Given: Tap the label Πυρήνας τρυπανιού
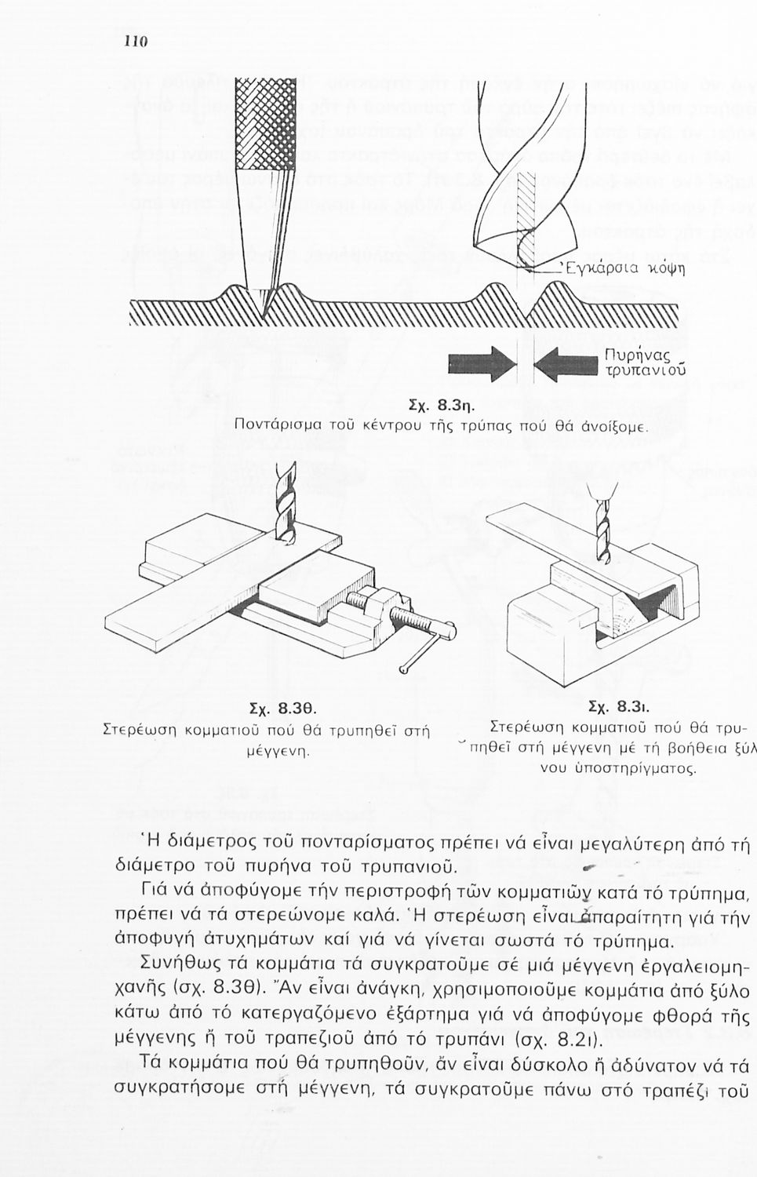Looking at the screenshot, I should (645, 363).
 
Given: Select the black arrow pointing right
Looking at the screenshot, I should (481, 365).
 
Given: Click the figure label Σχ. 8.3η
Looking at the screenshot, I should (439, 406).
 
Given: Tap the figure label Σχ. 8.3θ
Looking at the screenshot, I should (265, 710).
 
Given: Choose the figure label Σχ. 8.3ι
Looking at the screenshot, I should (617, 705).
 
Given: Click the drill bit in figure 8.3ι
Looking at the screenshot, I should (602, 526).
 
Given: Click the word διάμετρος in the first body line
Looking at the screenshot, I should (209, 844).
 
